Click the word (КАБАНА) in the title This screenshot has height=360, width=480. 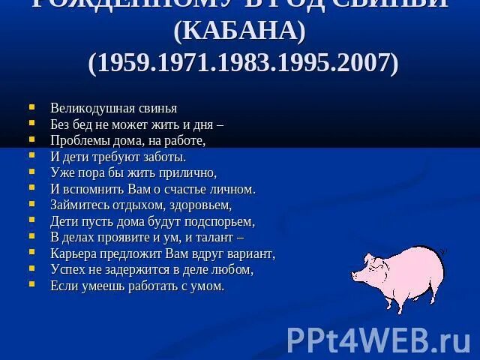pyautogui.click(x=239, y=31)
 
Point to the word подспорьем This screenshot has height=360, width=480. pyautogui.click(x=219, y=221)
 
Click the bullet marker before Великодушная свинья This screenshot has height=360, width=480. pyautogui.click(x=31, y=107)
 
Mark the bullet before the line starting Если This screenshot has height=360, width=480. pyautogui.click(x=31, y=285)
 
